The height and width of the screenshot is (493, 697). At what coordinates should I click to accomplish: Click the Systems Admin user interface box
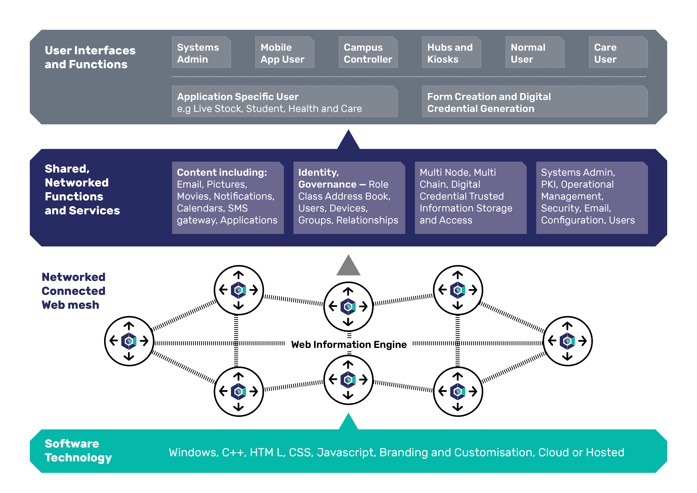pos(201,52)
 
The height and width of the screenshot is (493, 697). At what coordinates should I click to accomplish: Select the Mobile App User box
pos(285,52)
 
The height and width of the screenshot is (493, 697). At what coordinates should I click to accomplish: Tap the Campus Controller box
pos(368,52)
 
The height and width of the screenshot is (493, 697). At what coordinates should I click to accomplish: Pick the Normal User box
pos(535,52)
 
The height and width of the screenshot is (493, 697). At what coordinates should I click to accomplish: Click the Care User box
pos(618,52)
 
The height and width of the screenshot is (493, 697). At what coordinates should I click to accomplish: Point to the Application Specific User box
pos(285,101)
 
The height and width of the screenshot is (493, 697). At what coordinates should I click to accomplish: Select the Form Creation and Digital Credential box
pos(535,101)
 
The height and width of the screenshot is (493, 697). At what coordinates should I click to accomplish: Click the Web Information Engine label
pos(349,345)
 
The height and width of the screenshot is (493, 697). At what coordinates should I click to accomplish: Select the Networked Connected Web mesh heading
pos(74,291)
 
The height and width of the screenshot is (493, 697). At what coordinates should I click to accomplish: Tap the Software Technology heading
pos(78,450)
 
